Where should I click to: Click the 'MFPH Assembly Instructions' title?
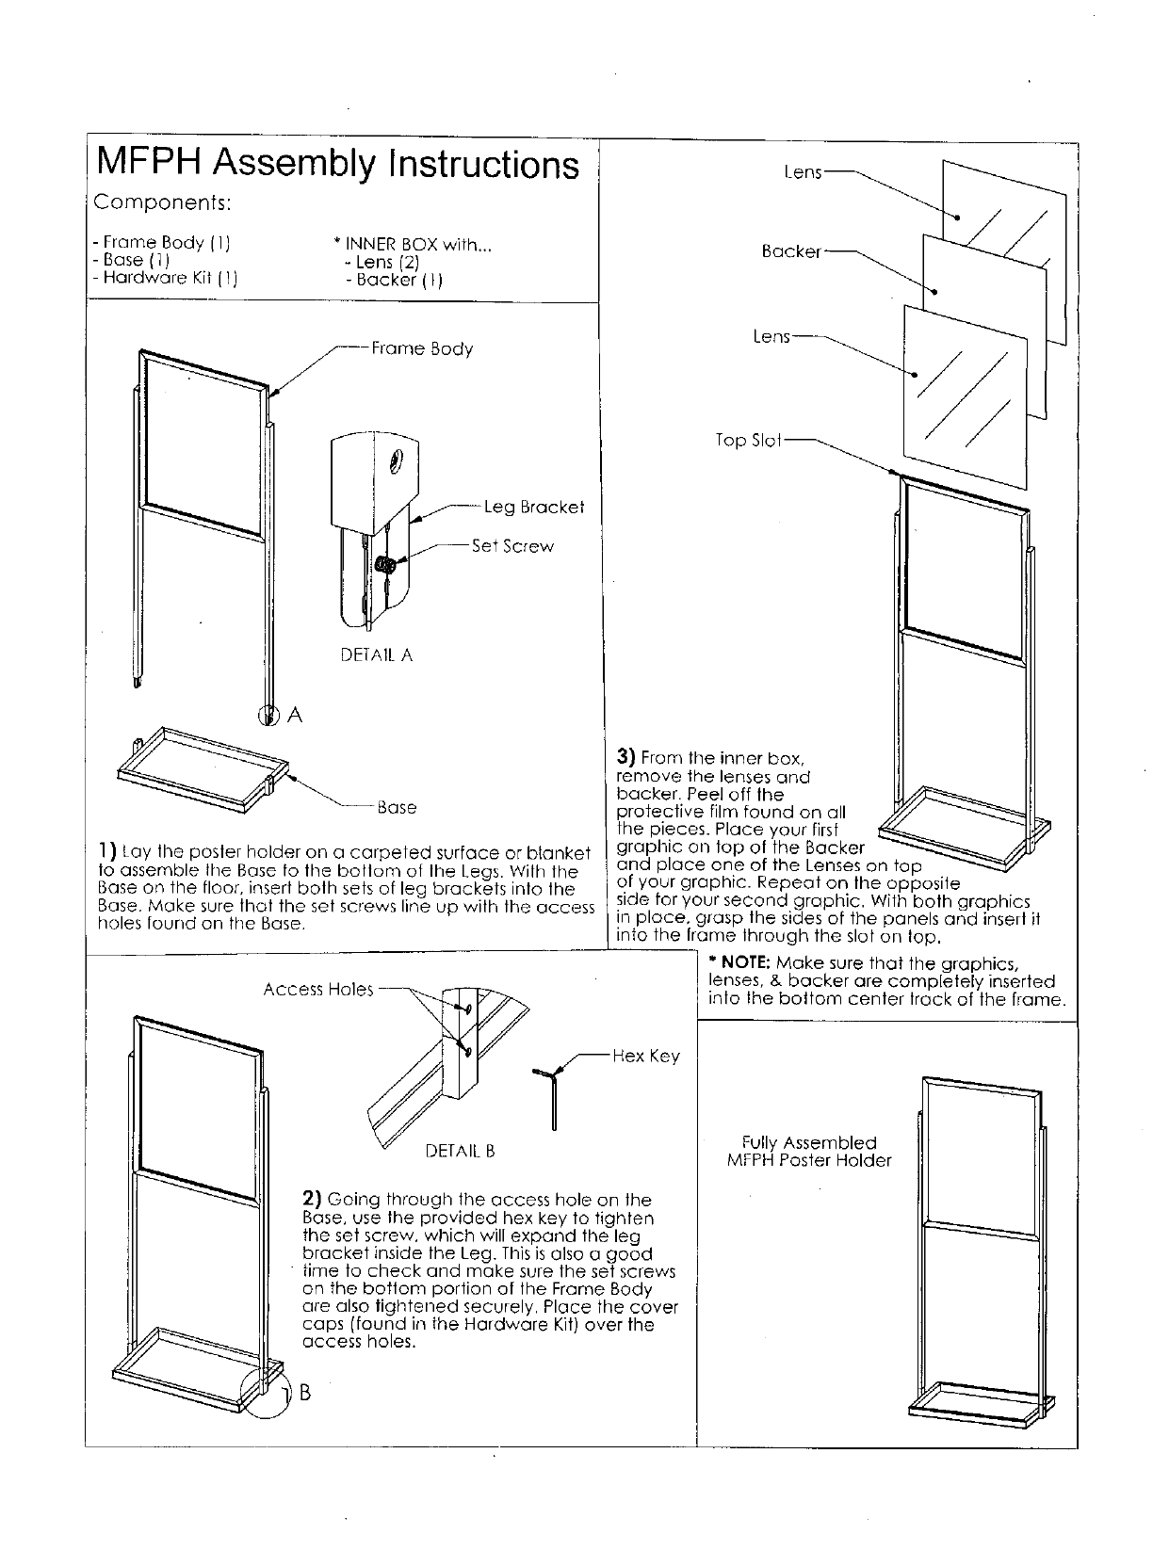pyautogui.click(x=337, y=165)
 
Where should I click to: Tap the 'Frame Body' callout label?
pyautogui.click(x=421, y=348)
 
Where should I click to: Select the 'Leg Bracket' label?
pyautogui.click(x=533, y=508)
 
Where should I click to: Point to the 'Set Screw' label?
pyautogui.click(x=512, y=546)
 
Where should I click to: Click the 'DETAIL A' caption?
pyautogui.click(x=376, y=655)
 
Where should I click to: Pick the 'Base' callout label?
pyautogui.click(x=396, y=808)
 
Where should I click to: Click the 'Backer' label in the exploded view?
pyautogui.click(x=790, y=251)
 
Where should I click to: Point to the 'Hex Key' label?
pyautogui.click(x=645, y=1057)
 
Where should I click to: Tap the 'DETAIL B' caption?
pyautogui.click(x=460, y=1151)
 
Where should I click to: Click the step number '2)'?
pyautogui.click(x=312, y=1199)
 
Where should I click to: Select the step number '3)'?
pyautogui.click(x=625, y=756)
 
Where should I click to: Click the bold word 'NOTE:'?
pyautogui.click(x=740, y=963)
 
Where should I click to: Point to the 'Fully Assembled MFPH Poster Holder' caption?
pyautogui.click(x=808, y=1152)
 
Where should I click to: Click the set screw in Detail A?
pyautogui.click(x=385, y=565)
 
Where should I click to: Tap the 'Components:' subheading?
pyautogui.click(x=162, y=203)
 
